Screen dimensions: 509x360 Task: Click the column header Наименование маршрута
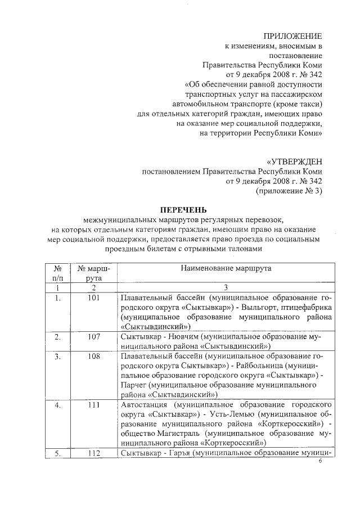[x=226, y=268]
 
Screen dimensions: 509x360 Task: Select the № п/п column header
[x=57, y=273]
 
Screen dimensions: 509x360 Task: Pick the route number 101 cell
[x=94, y=298]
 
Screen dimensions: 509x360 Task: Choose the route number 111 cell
[x=94, y=404]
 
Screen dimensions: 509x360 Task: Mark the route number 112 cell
[x=94, y=453]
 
